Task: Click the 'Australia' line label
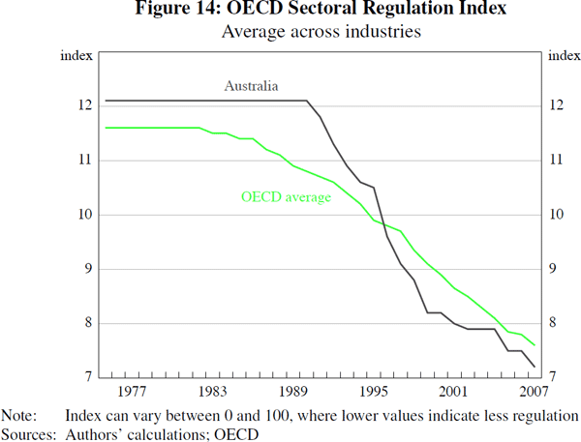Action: (252, 86)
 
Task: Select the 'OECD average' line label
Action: (286, 197)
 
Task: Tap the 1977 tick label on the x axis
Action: (133, 392)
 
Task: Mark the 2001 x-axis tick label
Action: (452, 392)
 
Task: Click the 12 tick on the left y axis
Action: (85, 105)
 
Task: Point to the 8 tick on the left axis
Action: (88, 323)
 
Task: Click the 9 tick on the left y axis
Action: (88, 269)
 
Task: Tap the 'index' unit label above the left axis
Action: (77, 54)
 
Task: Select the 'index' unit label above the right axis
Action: (564, 54)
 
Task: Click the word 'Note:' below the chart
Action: (18, 415)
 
